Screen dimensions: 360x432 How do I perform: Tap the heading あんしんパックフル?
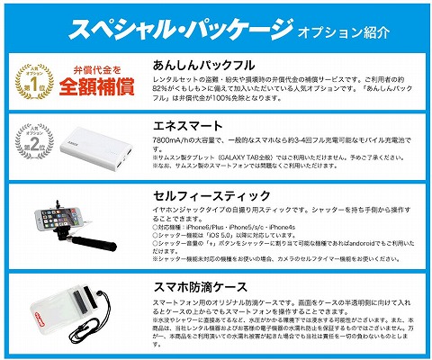pyautogui.click(x=204, y=66)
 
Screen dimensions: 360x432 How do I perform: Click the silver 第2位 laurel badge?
pyautogui.click(x=32, y=142)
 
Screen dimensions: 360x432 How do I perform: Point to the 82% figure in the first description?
pyautogui.click(x=161, y=91)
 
